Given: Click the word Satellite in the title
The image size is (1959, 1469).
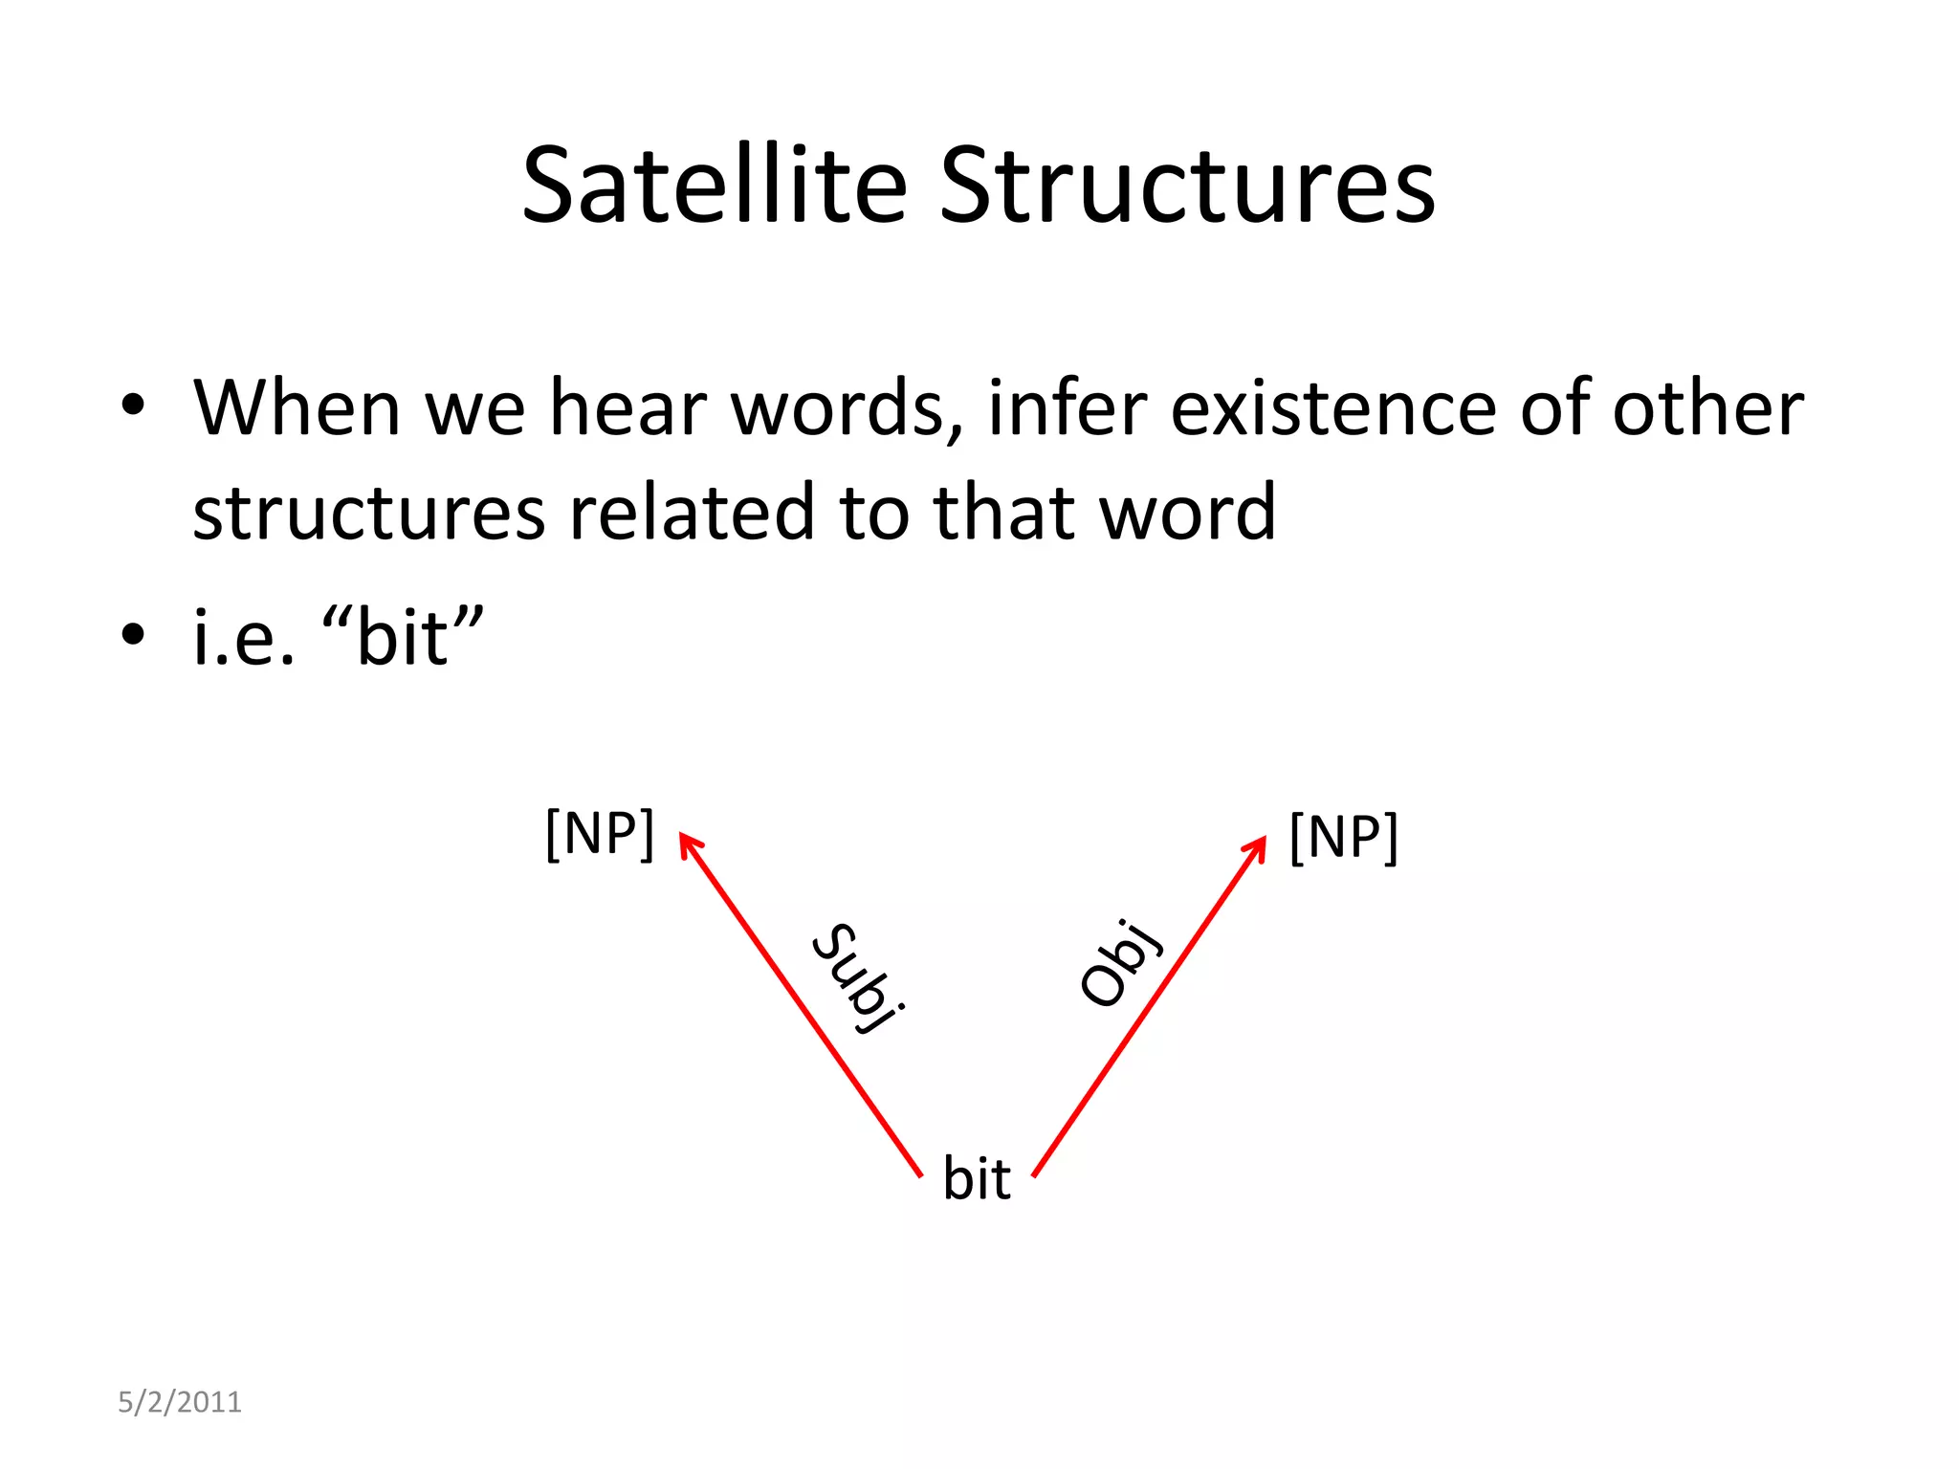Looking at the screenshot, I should tap(714, 186).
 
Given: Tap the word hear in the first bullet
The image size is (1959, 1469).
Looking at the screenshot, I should tap(627, 409).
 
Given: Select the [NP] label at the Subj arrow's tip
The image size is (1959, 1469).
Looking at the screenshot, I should tap(600, 834).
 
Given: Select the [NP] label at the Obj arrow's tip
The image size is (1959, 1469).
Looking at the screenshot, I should tap(1343, 838).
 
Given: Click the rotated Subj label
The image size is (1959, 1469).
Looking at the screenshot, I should tap(858, 977).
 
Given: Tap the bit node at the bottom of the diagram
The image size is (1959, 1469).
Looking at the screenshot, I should tap(977, 1178).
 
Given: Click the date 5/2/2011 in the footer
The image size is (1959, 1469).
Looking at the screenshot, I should tap(180, 1402).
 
